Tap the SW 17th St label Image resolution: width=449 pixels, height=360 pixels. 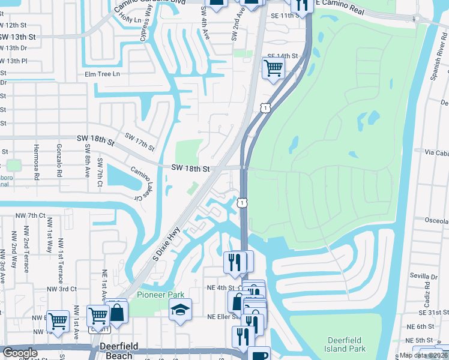[x=139, y=142]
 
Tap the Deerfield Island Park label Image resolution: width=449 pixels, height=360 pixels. [x=349, y=344]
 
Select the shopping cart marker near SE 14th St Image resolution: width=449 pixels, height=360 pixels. [x=273, y=68]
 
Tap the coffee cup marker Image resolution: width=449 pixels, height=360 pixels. [x=259, y=355]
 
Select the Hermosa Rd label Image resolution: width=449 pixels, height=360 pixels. [x=36, y=166]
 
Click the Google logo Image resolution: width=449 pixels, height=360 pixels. [x=19, y=353]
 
